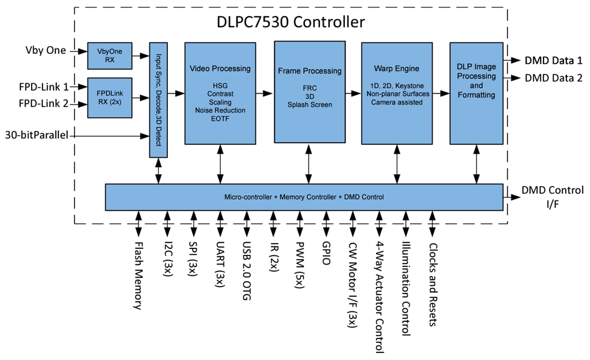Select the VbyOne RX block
point(109,55)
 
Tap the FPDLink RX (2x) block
point(109,98)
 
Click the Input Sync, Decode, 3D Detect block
point(158,100)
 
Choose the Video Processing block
point(220,93)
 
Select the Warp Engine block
point(396,93)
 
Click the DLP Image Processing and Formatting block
point(476,93)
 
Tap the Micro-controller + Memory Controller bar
point(304,197)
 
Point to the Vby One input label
point(46,50)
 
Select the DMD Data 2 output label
point(554,78)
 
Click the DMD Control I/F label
point(552,196)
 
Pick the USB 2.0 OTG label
point(247,270)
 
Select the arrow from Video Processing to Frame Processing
point(264,93)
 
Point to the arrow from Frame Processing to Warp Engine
point(352,93)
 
